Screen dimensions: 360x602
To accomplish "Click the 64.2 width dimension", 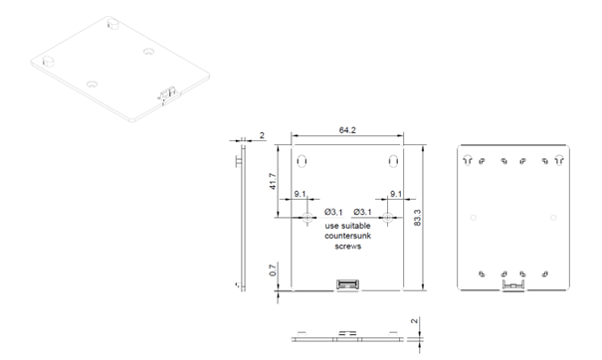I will [x=347, y=128].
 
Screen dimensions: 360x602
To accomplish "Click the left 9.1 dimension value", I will [x=300, y=196].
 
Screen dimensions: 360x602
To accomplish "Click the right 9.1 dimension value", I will [x=395, y=196].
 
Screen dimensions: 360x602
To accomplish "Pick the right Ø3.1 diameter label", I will [x=363, y=212].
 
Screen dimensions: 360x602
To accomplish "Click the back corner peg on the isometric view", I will [x=111, y=20].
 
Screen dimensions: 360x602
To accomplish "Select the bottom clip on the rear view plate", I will [x=513, y=286].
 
